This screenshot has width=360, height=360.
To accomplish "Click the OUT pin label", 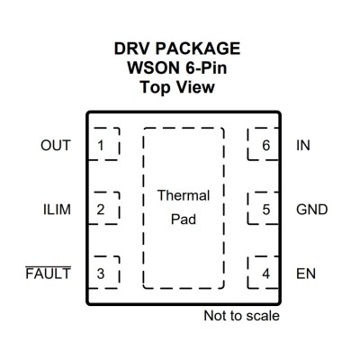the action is click(x=56, y=146).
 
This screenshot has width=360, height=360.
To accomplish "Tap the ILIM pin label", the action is click(x=57, y=210).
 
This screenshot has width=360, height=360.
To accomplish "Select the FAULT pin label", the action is click(x=49, y=273).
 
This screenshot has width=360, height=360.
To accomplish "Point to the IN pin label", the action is click(x=303, y=146).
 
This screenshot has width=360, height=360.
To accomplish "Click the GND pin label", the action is click(x=312, y=210).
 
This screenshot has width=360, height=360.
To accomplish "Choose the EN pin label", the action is click(x=306, y=274).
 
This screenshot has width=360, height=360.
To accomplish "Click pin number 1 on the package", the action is click(x=101, y=146).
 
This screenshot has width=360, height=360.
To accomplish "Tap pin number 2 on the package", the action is click(x=101, y=210).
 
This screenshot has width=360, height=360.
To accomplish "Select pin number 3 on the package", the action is click(x=101, y=274).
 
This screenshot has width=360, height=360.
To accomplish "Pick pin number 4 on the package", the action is click(x=266, y=274).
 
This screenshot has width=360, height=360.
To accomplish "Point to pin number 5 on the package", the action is click(x=266, y=210).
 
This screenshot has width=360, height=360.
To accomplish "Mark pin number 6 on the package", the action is click(x=266, y=146).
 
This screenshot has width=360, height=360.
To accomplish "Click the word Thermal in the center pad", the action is click(x=184, y=195).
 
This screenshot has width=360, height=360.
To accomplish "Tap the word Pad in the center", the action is click(x=184, y=220).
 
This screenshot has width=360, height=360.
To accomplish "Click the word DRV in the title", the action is click(x=131, y=49).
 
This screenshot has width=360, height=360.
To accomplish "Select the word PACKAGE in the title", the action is click(x=198, y=49).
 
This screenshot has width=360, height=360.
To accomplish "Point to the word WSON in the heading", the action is click(x=153, y=67).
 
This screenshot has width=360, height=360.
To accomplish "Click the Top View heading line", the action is click(x=177, y=87).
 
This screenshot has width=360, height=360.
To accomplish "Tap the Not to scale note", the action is click(x=241, y=316).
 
